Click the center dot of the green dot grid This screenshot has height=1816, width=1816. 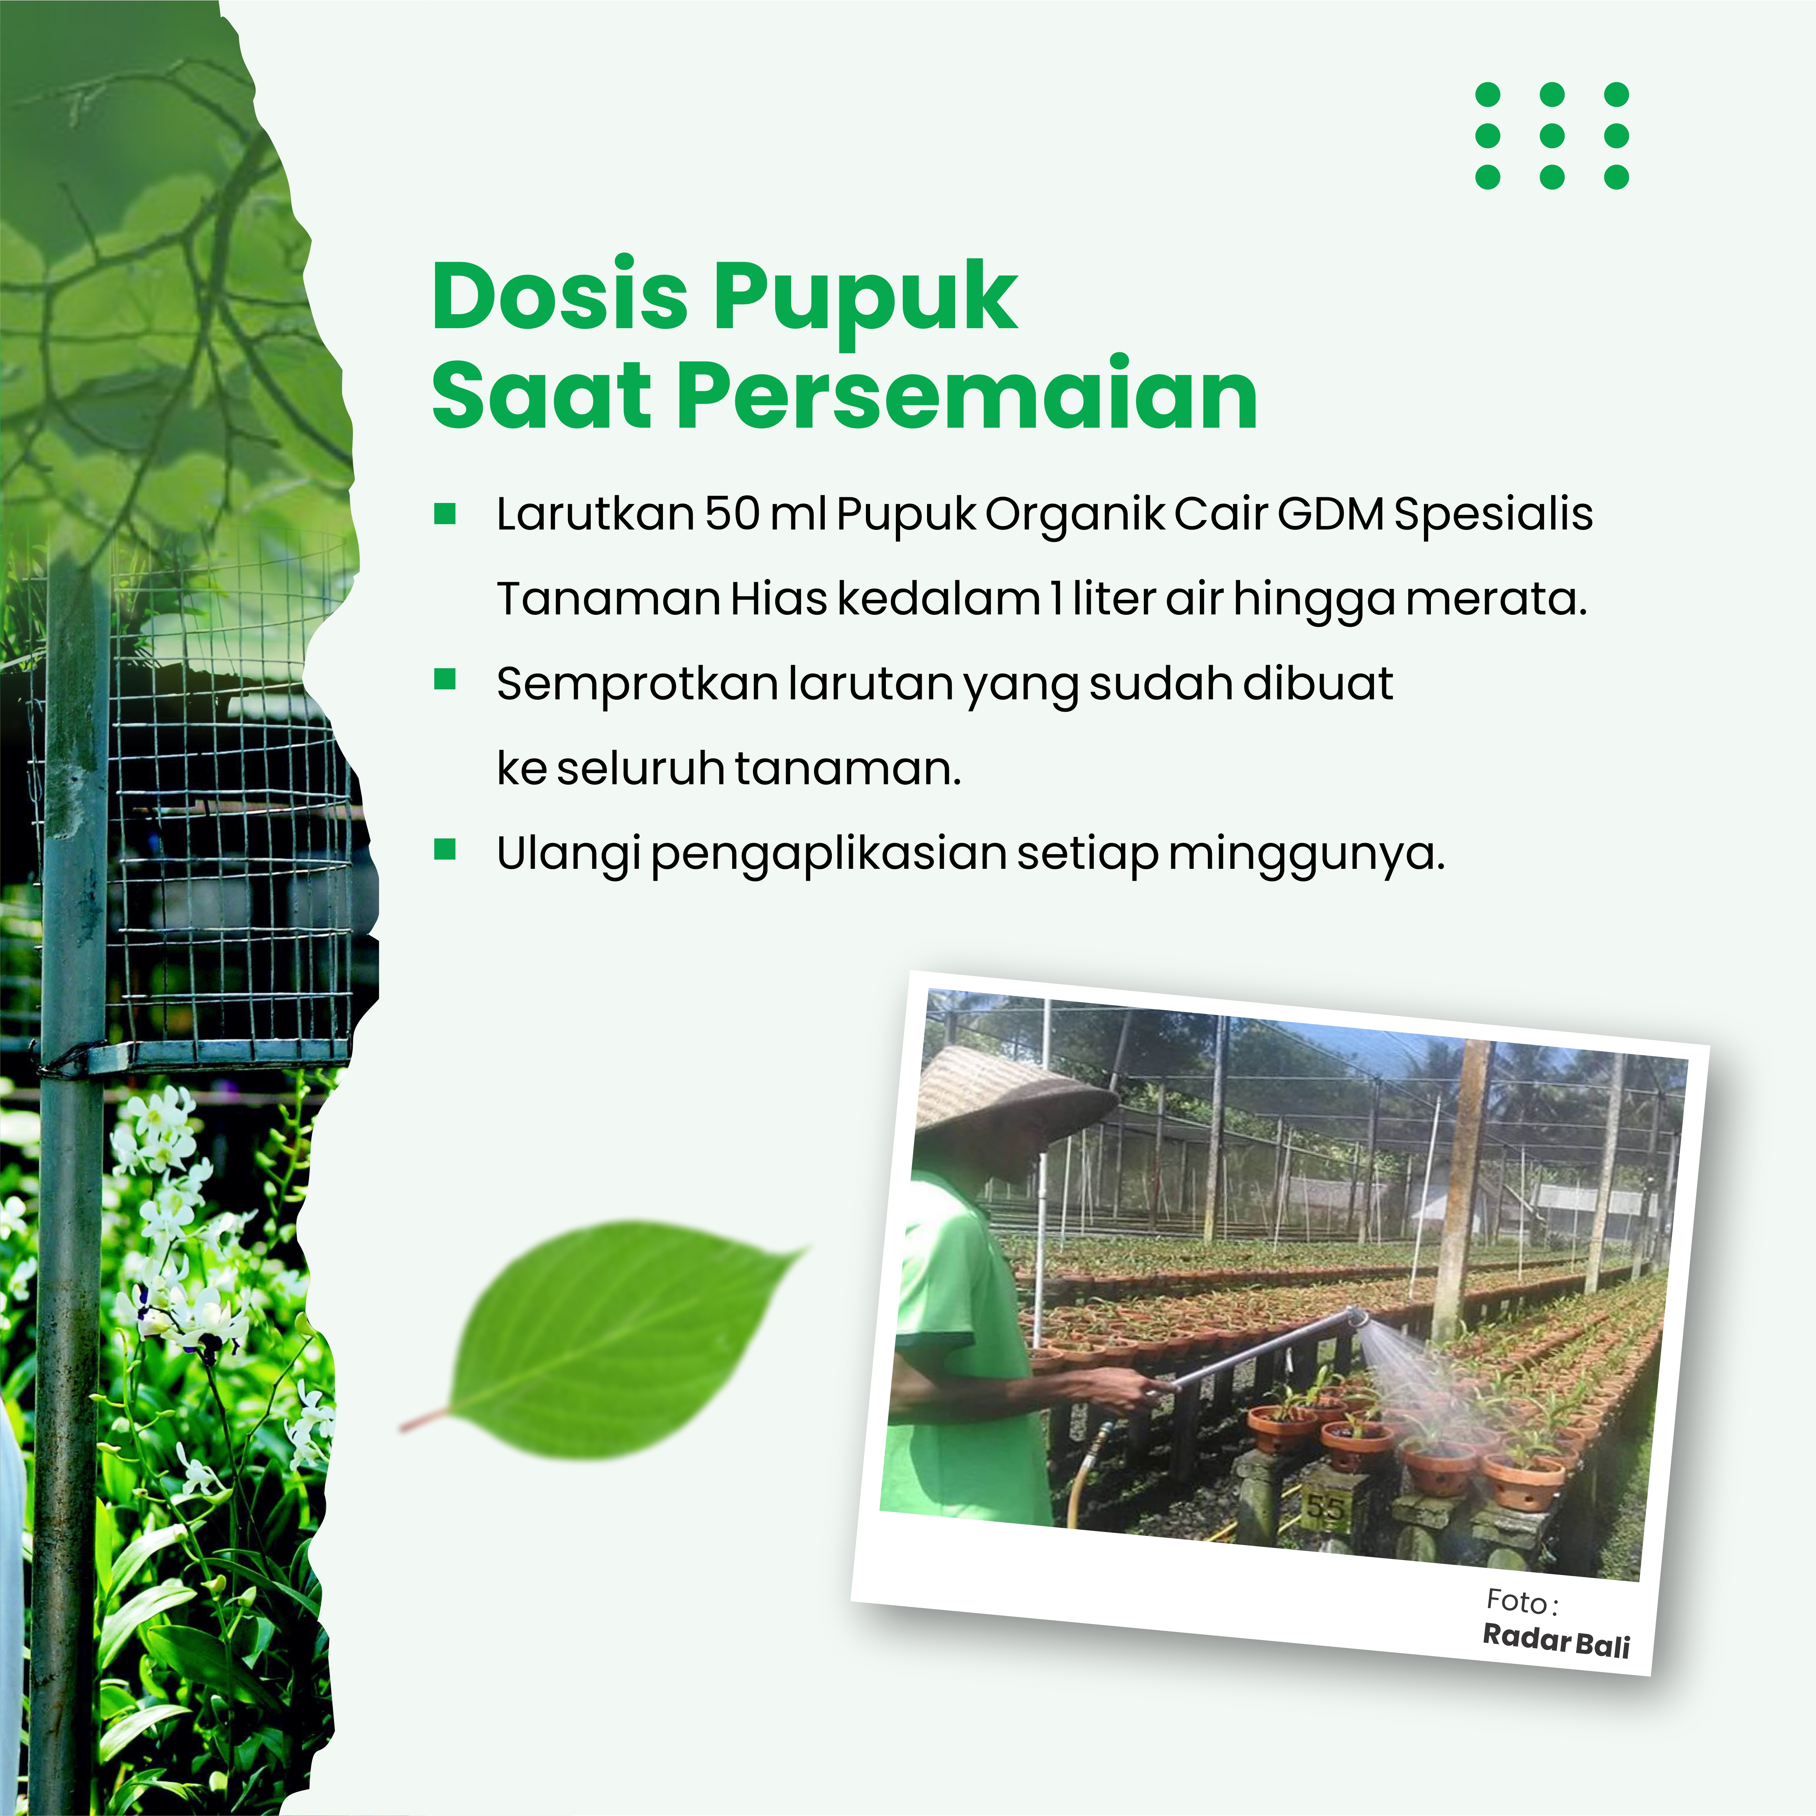coord(1552,135)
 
